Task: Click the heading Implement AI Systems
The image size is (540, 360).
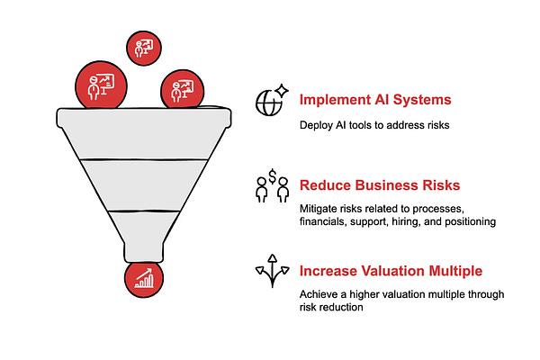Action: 375,100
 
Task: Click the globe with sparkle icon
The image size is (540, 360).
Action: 270,100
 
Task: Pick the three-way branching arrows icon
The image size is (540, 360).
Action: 271,270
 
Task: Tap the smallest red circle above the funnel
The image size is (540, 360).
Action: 143,48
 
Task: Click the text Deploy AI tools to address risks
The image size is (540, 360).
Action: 373,125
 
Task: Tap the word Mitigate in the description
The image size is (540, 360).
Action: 319,209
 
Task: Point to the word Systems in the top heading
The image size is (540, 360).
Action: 424,100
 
